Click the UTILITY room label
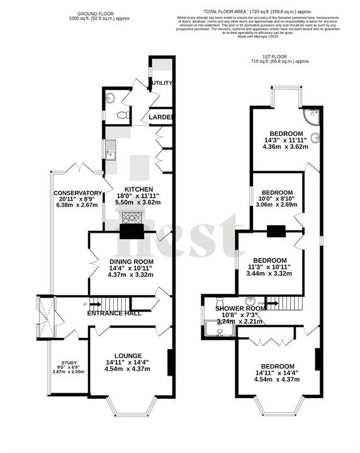160,82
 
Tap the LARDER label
161,118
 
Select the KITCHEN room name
138,189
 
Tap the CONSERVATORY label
77,193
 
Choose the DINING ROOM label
131,262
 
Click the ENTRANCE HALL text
113,313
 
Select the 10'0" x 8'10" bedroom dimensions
278,200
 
